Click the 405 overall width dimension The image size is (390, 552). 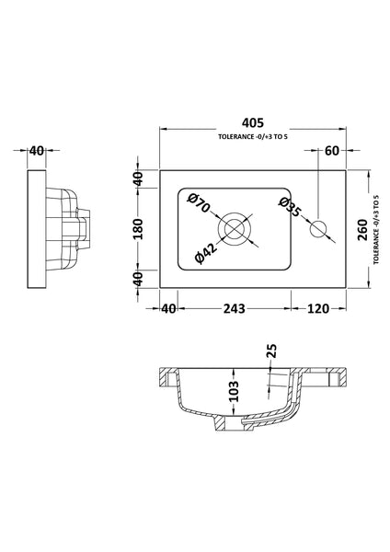point(252,122)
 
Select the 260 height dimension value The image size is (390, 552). point(362,229)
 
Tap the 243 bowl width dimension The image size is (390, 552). point(234,308)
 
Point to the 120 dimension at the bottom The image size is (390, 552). point(318,308)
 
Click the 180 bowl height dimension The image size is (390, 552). point(139,229)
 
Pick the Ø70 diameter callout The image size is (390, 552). point(199,203)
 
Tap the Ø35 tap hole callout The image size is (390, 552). point(291,207)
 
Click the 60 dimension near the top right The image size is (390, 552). point(332,151)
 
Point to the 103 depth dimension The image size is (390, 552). point(234,391)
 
